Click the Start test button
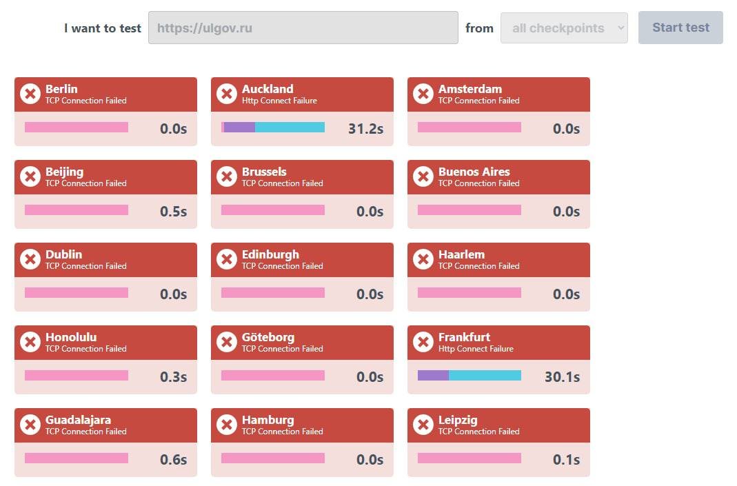[680, 28]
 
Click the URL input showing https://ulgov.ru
[303, 28]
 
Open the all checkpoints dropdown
[564, 28]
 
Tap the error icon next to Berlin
[30, 94]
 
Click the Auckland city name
[267, 89]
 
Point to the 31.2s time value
[366, 128]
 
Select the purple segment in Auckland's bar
[239, 128]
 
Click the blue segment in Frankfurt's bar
[485, 376]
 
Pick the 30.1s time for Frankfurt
[562, 376]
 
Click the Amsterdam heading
[470, 89]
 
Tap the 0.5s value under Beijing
[173, 211]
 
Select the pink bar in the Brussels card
[272, 210]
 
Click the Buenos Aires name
[474, 172]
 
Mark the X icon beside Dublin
[30, 259]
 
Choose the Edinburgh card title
[270, 254]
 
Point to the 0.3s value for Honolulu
[173, 376]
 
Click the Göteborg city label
[268, 337]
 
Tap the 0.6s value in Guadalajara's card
[173, 459]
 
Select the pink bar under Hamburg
[272, 458]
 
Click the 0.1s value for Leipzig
[566, 459]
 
